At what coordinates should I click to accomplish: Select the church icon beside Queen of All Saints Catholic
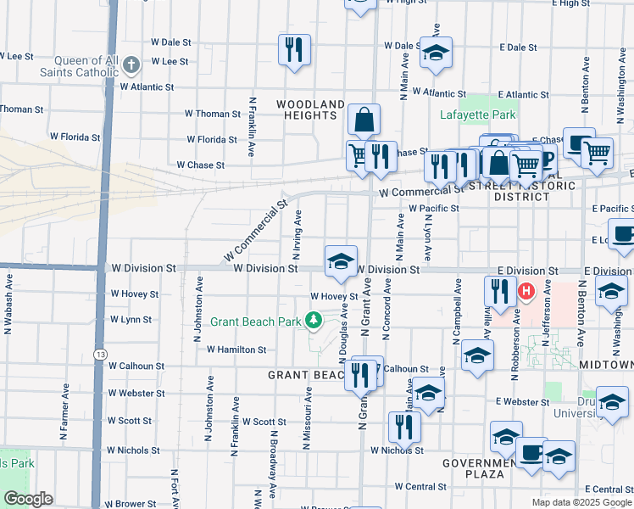click(131, 64)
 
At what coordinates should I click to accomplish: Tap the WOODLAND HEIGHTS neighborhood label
click(311, 109)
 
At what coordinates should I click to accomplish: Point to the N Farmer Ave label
click(64, 411)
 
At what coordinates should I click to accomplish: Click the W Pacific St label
click(433, 208)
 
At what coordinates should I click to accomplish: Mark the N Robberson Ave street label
click(514, 331)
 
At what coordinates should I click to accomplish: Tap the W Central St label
click(420, 487)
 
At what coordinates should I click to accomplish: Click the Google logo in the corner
click(28, 499)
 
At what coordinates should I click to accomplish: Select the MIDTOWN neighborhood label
click(607, 364)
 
